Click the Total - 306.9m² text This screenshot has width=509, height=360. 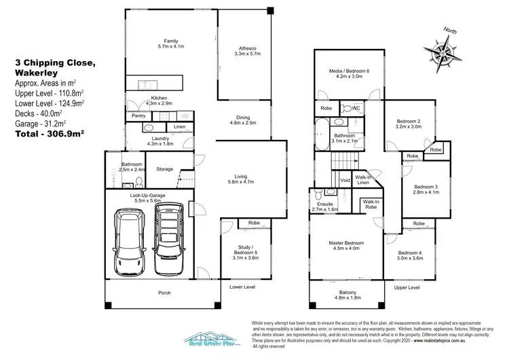click(49, 135)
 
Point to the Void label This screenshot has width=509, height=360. click(345, 180)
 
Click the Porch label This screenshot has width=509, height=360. click(164, 293)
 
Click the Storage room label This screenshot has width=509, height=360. click(165, 169)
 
